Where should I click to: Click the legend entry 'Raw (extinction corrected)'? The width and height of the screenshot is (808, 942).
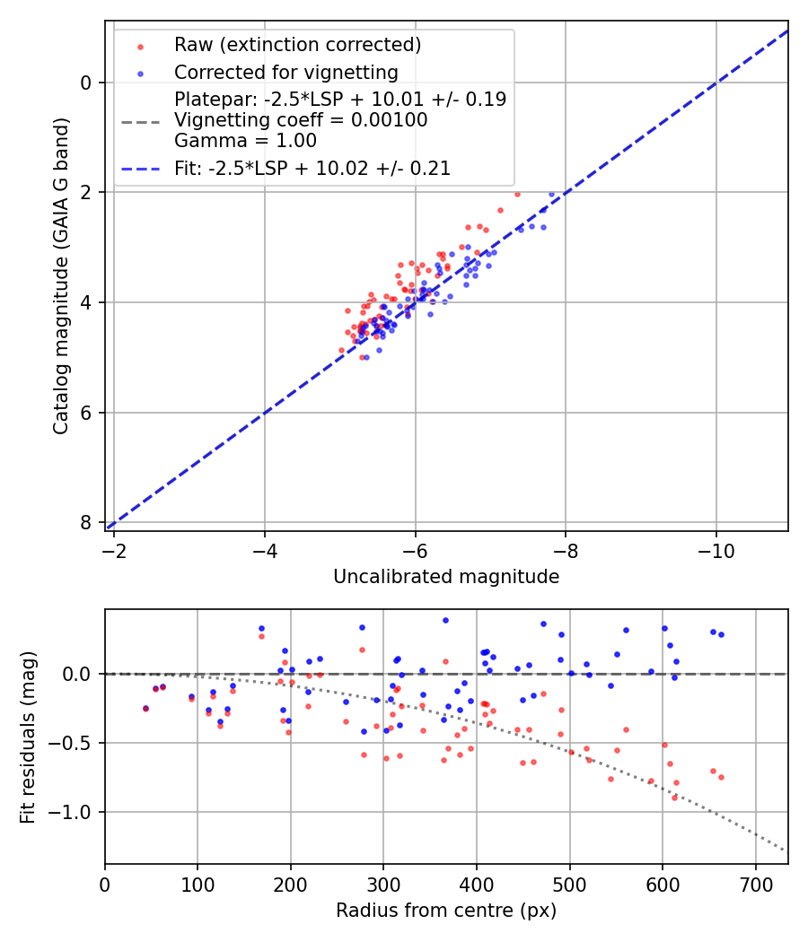pyautogui.click(x=297, y=45)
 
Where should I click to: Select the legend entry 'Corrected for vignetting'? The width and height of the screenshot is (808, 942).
pyautogui.click(x=285, y=72)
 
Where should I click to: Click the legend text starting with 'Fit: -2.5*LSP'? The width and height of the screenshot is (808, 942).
pyautogui.click(x=312, y=168)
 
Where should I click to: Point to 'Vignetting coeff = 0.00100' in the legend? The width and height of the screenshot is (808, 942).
pyautogui.click(x=301, y=120)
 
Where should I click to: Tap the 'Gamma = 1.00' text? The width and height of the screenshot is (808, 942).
pyautogui.click(x=245, y=141)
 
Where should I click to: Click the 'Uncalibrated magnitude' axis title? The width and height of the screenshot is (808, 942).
pyautogui.click(x=446, y=577)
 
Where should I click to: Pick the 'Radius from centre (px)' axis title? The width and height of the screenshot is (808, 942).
pyautogui.click(x=446, y=911)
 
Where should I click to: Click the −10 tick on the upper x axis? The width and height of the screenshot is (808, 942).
pyautogui.click(x=716, y=546)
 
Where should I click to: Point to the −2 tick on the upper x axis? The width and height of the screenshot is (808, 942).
pyautogui.click(x=114, y=546)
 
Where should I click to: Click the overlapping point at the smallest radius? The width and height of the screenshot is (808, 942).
pyautogui.click(x=145, y=708)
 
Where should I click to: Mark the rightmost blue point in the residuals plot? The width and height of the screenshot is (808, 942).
pyautogui.click(x=721, y=634)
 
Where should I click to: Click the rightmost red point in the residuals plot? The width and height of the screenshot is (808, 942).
pyautogui.click(x=721, y=777)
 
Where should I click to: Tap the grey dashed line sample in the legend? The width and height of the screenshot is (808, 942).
pyautogui.click(x=140, y=120)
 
